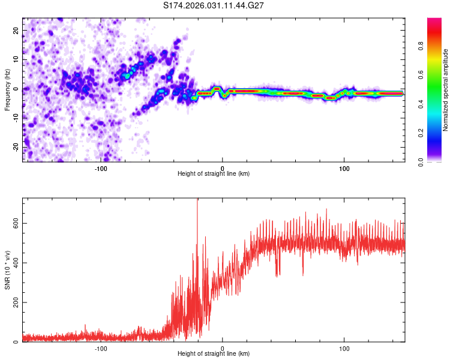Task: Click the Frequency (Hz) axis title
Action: tap(7, 89)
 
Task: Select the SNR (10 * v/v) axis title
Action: tap(7, 269)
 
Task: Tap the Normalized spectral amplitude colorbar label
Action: tap(445, 90)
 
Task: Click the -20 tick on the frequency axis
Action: tap(16, 147)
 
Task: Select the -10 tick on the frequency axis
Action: tap(16, 118)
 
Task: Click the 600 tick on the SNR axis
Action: tap(14, 223)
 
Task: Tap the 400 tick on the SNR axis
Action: tap(14, 263)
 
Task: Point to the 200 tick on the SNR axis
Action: tap(14, 302)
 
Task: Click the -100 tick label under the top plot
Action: tap(101, 168)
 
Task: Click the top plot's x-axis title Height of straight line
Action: tap(214, 174)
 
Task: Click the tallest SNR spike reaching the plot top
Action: tap(197, 201)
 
